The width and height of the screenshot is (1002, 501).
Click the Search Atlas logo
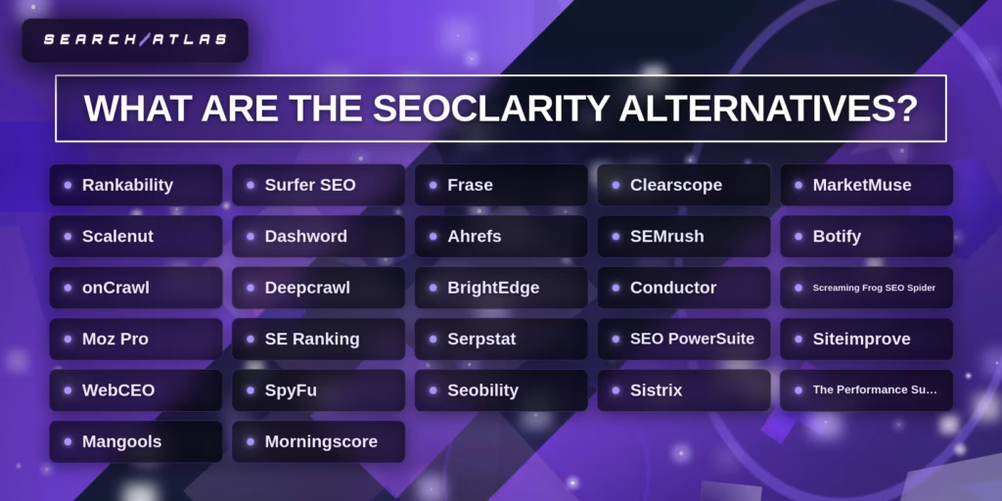coord(135,40)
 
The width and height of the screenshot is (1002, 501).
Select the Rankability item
coord(136,185)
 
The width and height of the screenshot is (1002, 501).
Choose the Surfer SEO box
coord(318,185)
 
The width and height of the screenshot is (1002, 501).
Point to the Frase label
coord(501,185)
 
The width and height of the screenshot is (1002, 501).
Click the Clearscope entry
coord(684,185)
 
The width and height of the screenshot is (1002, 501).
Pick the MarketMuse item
coord(866,185)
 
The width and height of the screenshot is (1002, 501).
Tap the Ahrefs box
coord(501,237)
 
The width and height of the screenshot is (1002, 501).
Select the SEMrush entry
coord(684,237)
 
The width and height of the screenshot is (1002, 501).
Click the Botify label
coord(866,237)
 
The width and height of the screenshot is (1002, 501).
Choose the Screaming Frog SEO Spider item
coord(866,288)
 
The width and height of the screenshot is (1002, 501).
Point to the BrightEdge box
coord(501,288)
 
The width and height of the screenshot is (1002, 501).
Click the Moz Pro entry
coord(136,339)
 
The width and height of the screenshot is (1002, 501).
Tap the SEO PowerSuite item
coord(684,339)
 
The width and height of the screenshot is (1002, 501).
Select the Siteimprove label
coord(866,339)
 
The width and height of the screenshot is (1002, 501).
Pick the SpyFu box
coord(318,390)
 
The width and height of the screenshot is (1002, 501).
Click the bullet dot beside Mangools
coord(68,441)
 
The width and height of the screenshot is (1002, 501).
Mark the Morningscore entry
coord(318,441)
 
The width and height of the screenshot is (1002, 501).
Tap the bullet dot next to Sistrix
coord(615,390)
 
